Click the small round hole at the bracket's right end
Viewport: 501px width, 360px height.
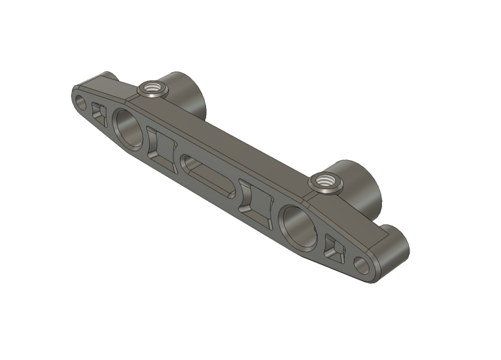coord(363,265)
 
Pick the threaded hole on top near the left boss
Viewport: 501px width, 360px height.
coord(152,88)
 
